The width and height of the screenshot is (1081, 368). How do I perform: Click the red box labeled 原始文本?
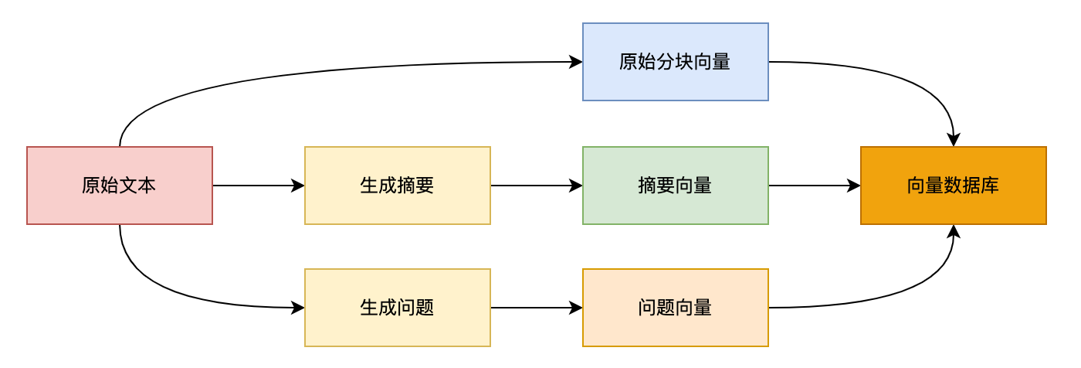click(x=120, y=186)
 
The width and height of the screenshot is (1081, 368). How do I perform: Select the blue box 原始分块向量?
click(x=675, y=62)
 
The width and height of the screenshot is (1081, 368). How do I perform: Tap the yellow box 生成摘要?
click(x=397, y=186)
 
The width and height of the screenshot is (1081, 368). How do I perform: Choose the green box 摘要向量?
click(x=675, y=186)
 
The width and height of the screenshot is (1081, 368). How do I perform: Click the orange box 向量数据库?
click(x=953, y=186)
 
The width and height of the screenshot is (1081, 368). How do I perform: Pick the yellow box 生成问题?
click(x=397, y=308)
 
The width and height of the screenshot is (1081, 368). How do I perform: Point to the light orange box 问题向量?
click(x=675, y=308)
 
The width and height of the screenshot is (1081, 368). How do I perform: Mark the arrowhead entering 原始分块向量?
click(x=576, y=62)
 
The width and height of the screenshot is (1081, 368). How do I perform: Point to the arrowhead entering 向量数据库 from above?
click(x=954, y=141)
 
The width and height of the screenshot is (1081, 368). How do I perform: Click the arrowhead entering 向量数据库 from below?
click(x=954, y=231)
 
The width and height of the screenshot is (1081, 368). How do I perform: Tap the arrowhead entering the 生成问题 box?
click(x=298, y=308)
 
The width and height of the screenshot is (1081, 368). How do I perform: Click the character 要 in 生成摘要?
click(x=425, y=186)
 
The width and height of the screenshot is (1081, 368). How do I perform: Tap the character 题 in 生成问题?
click(x=425, y=308)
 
